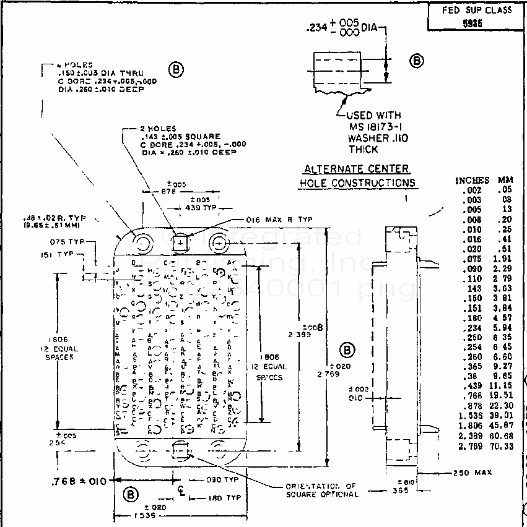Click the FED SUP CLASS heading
coord(477,10)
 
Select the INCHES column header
coord(472,180)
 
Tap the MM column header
coord(505,180)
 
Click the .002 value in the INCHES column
coord(472,189)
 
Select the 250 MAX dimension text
coord(472,473)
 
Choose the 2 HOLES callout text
coord(159,129)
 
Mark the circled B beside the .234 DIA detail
coord(417,61)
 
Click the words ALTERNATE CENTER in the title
coord(356,169)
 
